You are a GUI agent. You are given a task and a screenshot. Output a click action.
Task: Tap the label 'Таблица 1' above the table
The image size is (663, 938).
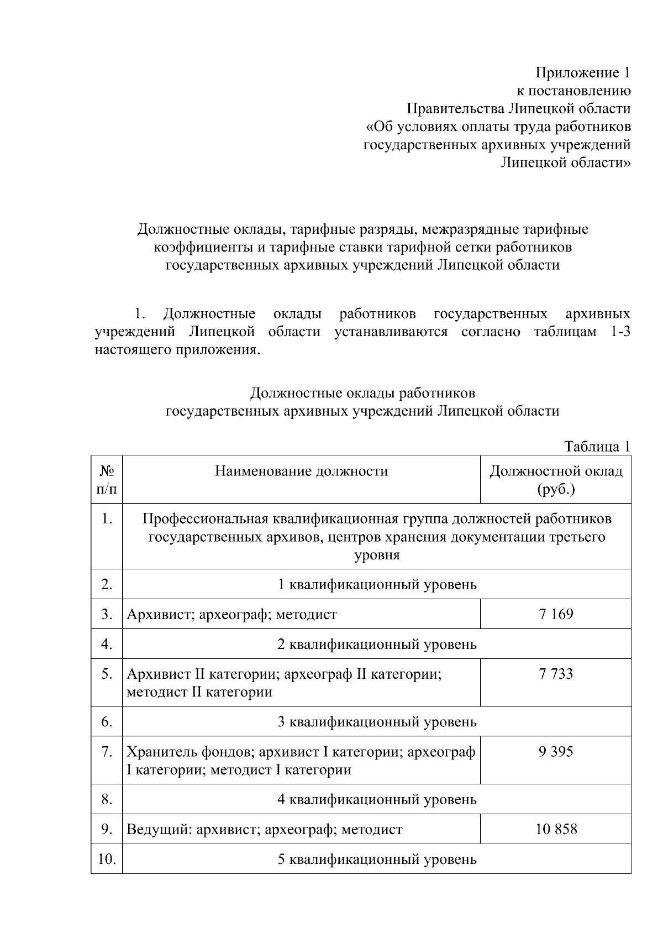(x=597, y=446)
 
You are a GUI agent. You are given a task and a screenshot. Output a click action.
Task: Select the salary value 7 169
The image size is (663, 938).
(x=556, y=614)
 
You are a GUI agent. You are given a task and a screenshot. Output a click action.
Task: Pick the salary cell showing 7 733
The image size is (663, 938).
(x=556, y=674)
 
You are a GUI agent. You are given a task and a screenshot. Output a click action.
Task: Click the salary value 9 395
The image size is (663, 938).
(x=556, y=752)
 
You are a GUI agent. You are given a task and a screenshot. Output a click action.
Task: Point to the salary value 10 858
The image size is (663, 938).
(x=556, y=829)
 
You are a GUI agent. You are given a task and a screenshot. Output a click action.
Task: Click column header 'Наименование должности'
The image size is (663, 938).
(x=301, y=471)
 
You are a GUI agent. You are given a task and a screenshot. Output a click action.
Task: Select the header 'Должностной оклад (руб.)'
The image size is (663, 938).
(x=556, y=480)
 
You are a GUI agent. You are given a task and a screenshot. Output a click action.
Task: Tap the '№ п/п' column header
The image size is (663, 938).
(x=107, y=480)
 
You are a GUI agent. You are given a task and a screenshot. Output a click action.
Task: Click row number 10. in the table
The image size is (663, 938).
(x=107, y=859)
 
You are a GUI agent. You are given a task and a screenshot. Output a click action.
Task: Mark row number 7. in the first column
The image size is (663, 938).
(x=107, y=752)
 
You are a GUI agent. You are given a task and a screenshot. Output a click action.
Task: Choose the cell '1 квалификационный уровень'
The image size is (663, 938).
(x=377, y=584)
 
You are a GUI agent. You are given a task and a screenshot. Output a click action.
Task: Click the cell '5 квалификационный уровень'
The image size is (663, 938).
(x=377, y=859)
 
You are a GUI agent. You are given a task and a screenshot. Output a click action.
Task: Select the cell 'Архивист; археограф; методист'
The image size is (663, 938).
(x=231, y=614)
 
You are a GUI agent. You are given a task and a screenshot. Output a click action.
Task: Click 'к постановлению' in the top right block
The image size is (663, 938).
(x=573, y=91)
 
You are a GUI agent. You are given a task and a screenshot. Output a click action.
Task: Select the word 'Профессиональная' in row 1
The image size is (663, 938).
(x=206, y=519)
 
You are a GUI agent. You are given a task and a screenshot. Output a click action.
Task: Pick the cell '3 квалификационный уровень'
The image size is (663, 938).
(x=377, y=721)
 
